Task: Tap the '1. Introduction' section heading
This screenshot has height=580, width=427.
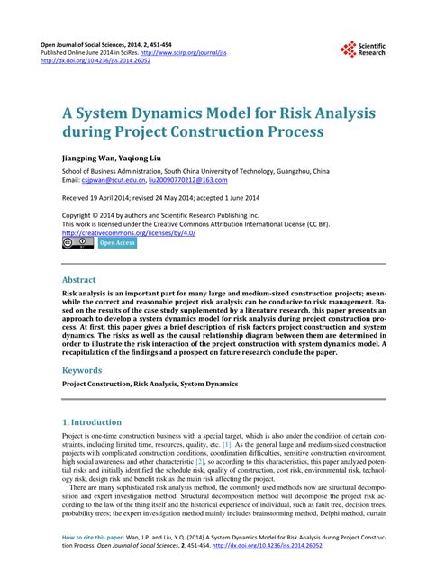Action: [x=92, y=421]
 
